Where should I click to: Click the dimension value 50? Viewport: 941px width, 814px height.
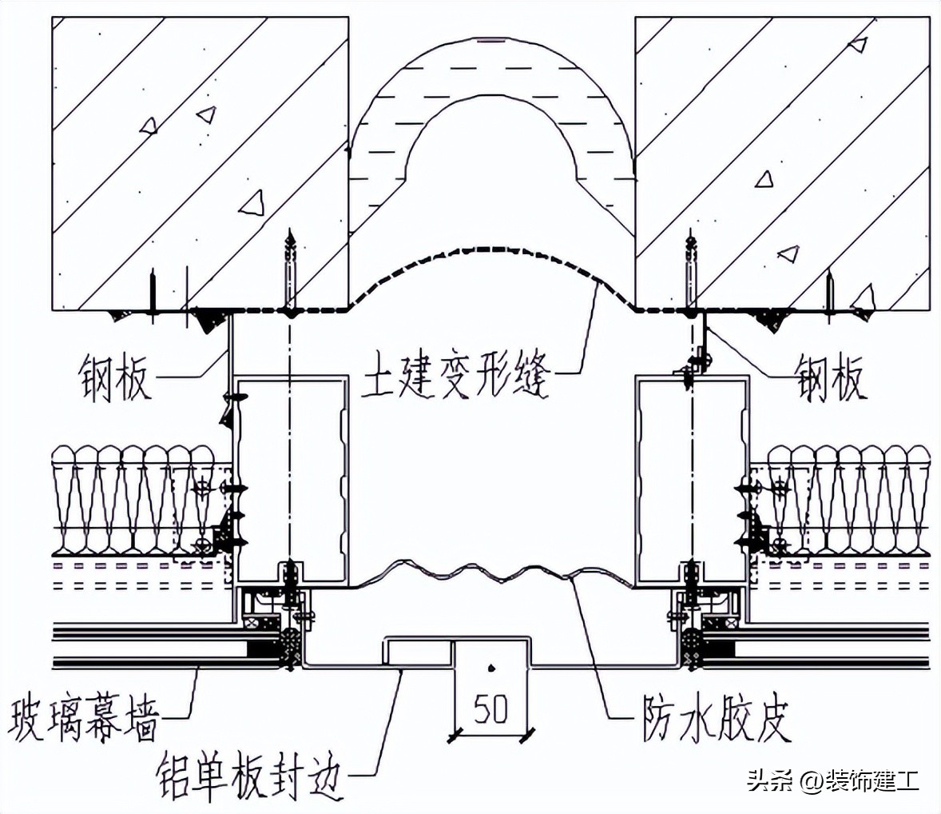pyautogui.click(x=491, y=708)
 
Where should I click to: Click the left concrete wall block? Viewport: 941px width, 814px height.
pyautogui.click(x=200, y=160)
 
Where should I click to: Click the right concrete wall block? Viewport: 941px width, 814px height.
pyautogui.click(x=783, y=160)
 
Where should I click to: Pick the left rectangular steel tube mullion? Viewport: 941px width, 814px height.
pyautogui.click(x=292, y=480)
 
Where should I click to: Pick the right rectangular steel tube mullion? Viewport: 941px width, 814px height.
pyautogui.click(x=692, y=480)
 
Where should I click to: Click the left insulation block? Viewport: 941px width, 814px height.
pyautogui.click(x=136, y=500)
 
